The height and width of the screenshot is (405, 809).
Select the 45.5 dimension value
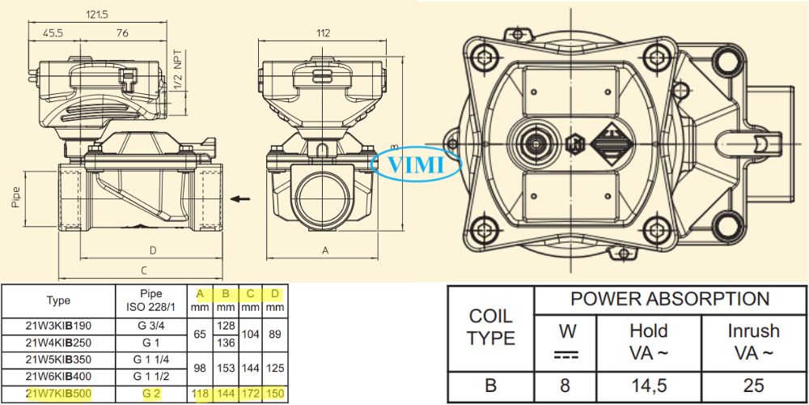54,33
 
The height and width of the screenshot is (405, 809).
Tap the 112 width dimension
323,33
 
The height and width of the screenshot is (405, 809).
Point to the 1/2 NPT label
179,71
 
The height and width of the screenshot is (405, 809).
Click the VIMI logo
416,165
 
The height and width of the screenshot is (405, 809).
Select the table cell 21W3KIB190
58,326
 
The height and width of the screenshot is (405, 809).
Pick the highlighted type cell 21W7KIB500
58,394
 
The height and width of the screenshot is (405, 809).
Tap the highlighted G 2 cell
151,394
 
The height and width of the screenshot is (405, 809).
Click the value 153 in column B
227,369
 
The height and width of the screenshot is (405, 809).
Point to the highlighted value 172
251,394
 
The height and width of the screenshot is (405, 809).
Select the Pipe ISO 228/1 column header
151,300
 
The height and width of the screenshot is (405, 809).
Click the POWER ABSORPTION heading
670,298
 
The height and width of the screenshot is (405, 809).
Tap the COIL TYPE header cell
491,327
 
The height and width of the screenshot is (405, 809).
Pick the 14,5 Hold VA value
648,386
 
